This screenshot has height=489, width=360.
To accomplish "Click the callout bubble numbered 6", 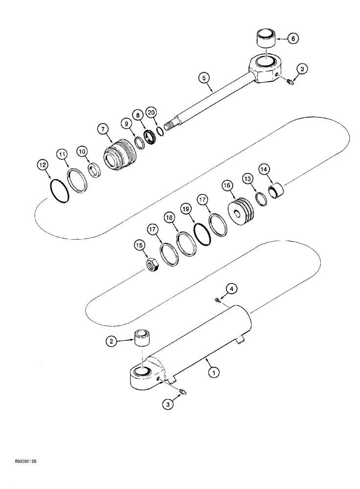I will pos(293,38).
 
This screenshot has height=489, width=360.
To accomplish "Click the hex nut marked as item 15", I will pos(153,266).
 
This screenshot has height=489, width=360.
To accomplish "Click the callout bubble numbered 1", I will pos(213,373).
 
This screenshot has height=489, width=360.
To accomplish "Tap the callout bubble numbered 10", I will pos(82,152).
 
